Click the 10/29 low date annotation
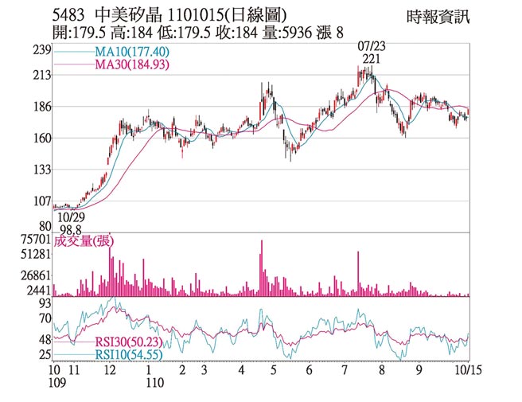[x=71, y=217]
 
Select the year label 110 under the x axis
[x=154, y=383]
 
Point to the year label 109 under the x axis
[x=55, y=383]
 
